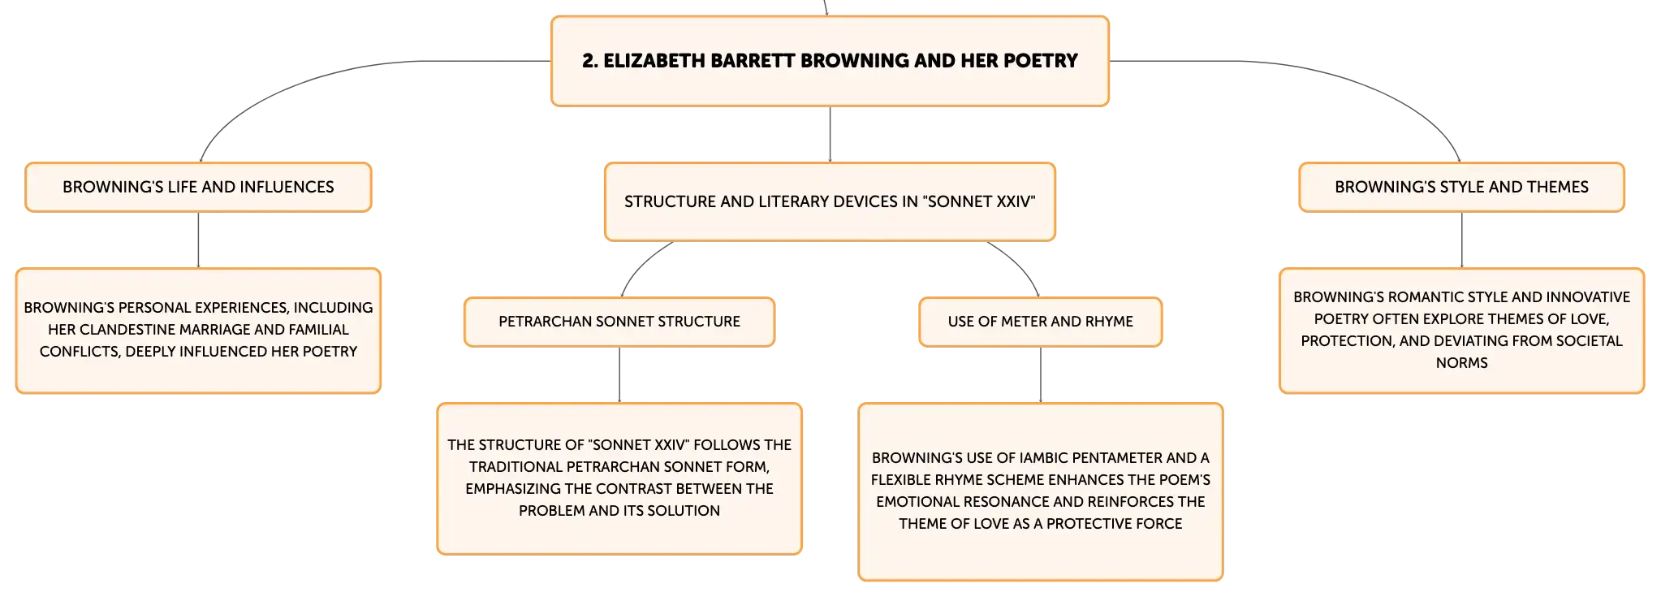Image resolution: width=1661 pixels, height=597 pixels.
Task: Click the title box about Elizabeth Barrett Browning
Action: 830,61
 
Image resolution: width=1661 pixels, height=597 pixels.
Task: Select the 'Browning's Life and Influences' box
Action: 198,187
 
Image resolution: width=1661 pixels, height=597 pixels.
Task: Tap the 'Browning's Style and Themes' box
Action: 1461,187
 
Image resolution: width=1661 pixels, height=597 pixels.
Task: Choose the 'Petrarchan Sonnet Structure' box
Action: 619,322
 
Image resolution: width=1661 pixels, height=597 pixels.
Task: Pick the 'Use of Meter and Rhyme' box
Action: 1041,322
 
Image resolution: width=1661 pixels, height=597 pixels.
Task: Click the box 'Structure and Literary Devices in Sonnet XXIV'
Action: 830,201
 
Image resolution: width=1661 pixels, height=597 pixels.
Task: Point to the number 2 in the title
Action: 590,61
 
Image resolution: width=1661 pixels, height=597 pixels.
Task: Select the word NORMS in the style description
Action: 1462,363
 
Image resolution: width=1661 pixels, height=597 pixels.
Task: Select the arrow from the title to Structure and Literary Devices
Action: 830,134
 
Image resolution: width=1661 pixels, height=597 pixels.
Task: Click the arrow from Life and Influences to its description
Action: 198,240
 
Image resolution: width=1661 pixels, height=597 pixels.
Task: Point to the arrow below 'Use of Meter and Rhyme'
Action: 1041,375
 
